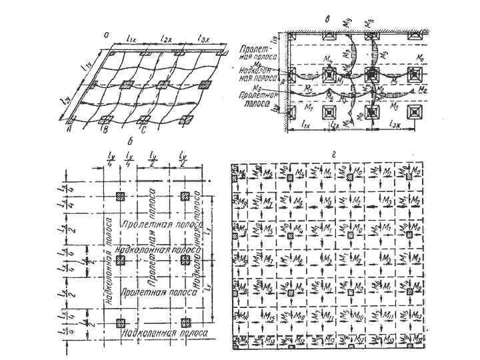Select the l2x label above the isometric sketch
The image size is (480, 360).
[167, 41]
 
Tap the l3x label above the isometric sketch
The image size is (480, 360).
[203, 41]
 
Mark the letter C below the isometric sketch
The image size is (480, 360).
[141, 131]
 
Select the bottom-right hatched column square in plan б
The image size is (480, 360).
[185, 323]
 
